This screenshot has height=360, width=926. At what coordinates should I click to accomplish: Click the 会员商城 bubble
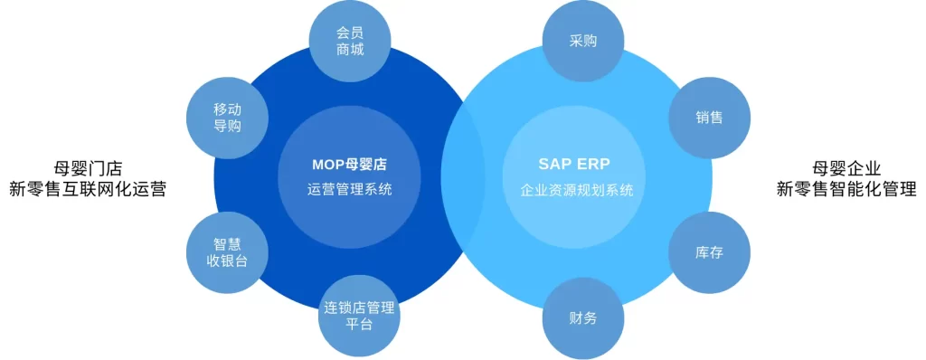(350, 41)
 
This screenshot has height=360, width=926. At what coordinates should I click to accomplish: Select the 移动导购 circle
(227, 118)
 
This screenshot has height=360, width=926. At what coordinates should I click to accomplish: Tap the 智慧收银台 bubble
(227, 252)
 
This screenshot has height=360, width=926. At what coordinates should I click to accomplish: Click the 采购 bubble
(583, 42)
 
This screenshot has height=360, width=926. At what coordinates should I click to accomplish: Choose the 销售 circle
(709, 118)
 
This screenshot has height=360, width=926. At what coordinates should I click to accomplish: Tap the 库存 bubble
(709, 252)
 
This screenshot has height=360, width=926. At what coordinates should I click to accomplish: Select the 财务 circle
(583, 317)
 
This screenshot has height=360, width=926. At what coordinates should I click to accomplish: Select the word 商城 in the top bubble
(350, 50)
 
